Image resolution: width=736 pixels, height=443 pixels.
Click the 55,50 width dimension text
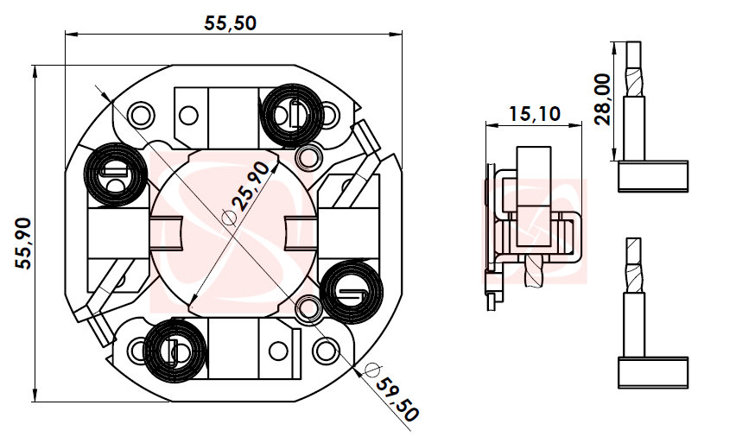tap(230, 23)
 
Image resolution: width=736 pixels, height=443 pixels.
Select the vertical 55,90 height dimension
tap(23, 244)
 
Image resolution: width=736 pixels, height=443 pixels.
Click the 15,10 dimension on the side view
tap(534, 113)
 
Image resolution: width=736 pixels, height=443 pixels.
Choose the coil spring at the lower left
tap(175, 350)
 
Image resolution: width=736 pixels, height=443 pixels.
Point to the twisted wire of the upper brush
tap(634, 73)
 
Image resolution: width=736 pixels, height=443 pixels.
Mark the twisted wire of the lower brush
tap(634, 268)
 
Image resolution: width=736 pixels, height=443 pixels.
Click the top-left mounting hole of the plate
tap(139, 111)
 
